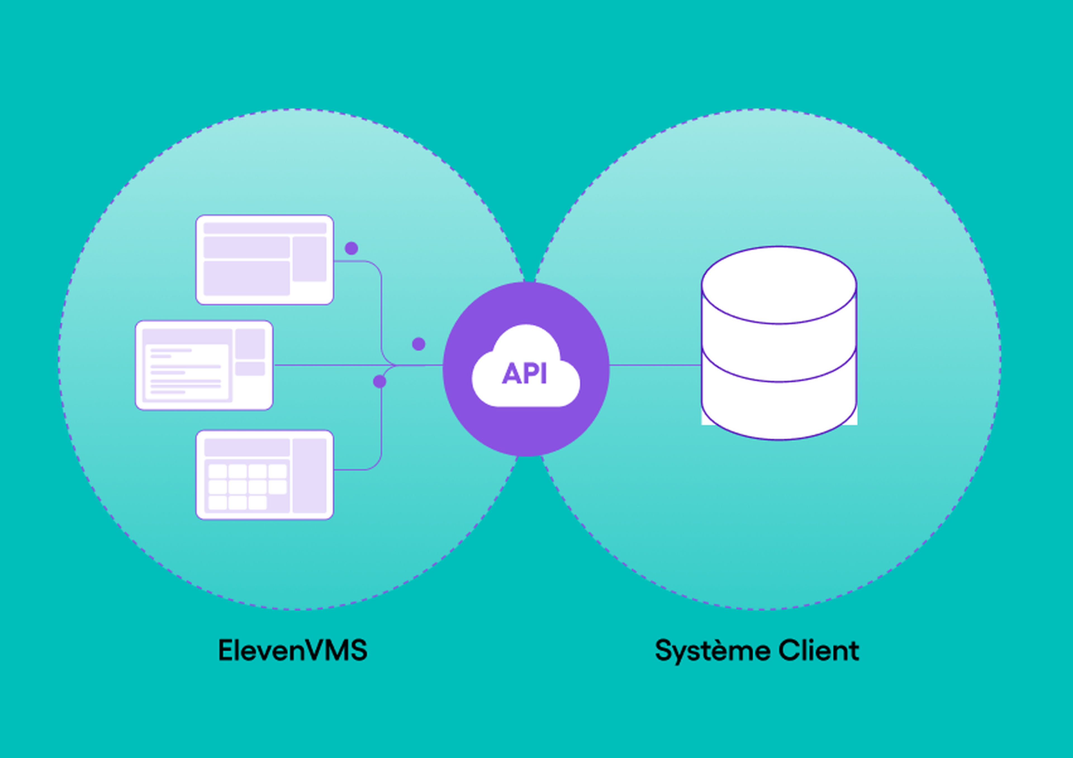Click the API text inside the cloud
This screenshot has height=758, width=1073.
pyautogui.click(x=524, y=374)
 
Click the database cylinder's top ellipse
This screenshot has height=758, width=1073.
pyautogui.click(x=778, y=285)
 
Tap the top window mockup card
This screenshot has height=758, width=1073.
pyautogui.click(x=265, y=260)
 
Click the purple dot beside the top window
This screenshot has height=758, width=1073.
pyautogui.click(x=352, y=248)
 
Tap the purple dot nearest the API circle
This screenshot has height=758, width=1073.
pyautogui.click(x=419, y=344)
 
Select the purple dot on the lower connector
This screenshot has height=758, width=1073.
pyautogui.click(x=379, y=382)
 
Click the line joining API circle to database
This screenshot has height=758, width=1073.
pyautogui.click(x=654, y=365)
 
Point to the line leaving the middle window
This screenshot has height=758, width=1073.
pyautogui.click(x=327, y=365)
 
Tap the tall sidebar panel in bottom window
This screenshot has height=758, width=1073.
pyautogui.click(x=309, y=475)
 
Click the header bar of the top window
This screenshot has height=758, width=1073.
pyautogui.click(x=265, y=228)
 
